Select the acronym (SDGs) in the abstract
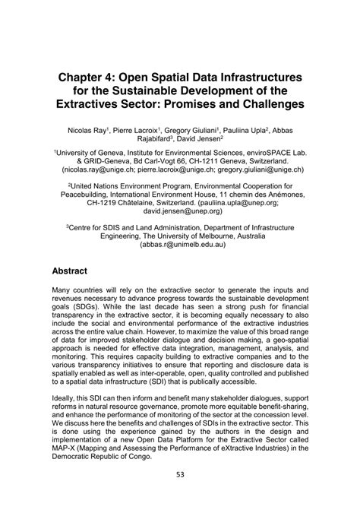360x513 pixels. point(71,312)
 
